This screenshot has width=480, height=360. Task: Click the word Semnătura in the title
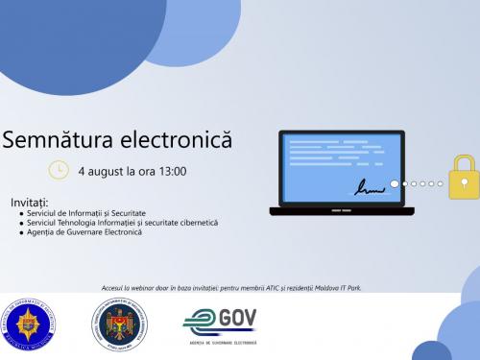tap(58, 141)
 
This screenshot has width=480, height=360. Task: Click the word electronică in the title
tap(178, 141)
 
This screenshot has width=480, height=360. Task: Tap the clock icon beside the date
tap(59, 170)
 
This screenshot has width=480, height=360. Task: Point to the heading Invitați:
tap(30, 203)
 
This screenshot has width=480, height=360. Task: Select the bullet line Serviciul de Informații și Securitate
tap(89, 213)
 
